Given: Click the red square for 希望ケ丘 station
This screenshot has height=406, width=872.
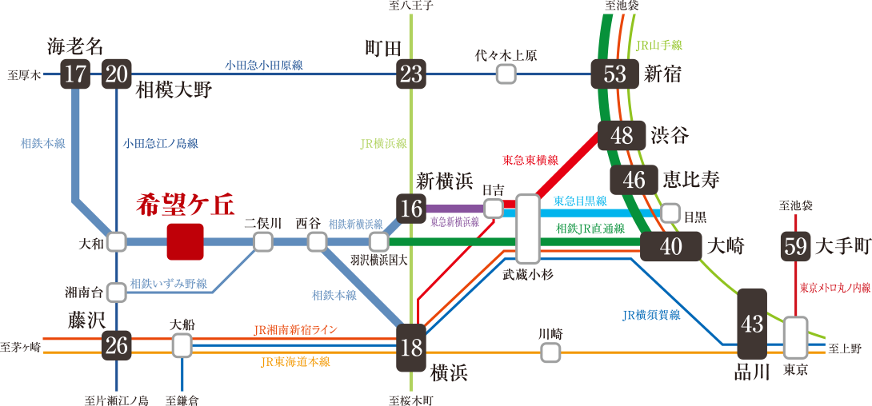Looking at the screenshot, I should click(x=185, y=241).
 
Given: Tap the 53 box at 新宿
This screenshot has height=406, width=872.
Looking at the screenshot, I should click(x=614, y=74).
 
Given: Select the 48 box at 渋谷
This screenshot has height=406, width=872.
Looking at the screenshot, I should click(x=622, y=136).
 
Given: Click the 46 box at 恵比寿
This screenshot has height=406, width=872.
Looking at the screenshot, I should click(x=634, y=180).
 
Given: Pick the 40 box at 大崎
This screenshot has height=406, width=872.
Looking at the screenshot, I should click(x=670, y=247).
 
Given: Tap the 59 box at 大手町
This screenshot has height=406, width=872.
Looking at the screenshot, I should click(x=796, y=247).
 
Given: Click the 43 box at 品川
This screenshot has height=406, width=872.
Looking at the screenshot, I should click(x=752, y=324).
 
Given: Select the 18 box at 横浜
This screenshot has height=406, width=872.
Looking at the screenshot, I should click(x=411, y=348).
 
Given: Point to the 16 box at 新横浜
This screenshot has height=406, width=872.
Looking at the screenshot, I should click(x=411, y=209).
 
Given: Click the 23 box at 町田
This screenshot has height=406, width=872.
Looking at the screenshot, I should click(x=411, y=75).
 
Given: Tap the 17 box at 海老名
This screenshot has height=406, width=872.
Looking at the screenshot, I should click(x=76, y=75).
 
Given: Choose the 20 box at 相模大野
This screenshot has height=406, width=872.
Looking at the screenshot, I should click(x=117, y=75).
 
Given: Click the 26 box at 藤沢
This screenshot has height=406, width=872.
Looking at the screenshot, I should click(x=117, y=346).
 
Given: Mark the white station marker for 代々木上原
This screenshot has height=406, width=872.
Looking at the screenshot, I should click(x=505, y=74).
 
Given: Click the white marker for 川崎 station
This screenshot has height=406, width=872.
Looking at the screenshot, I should click(x=550, y=352).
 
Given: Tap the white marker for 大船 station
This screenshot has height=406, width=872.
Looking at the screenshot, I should click(x=182, y=345).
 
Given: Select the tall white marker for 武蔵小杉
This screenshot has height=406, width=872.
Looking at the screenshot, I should click(x=527, y=229).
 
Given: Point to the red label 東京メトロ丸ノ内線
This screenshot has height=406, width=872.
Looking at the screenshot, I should click(x=834, y=288).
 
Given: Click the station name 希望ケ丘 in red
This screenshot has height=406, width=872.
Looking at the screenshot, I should click(x=185, y=205).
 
